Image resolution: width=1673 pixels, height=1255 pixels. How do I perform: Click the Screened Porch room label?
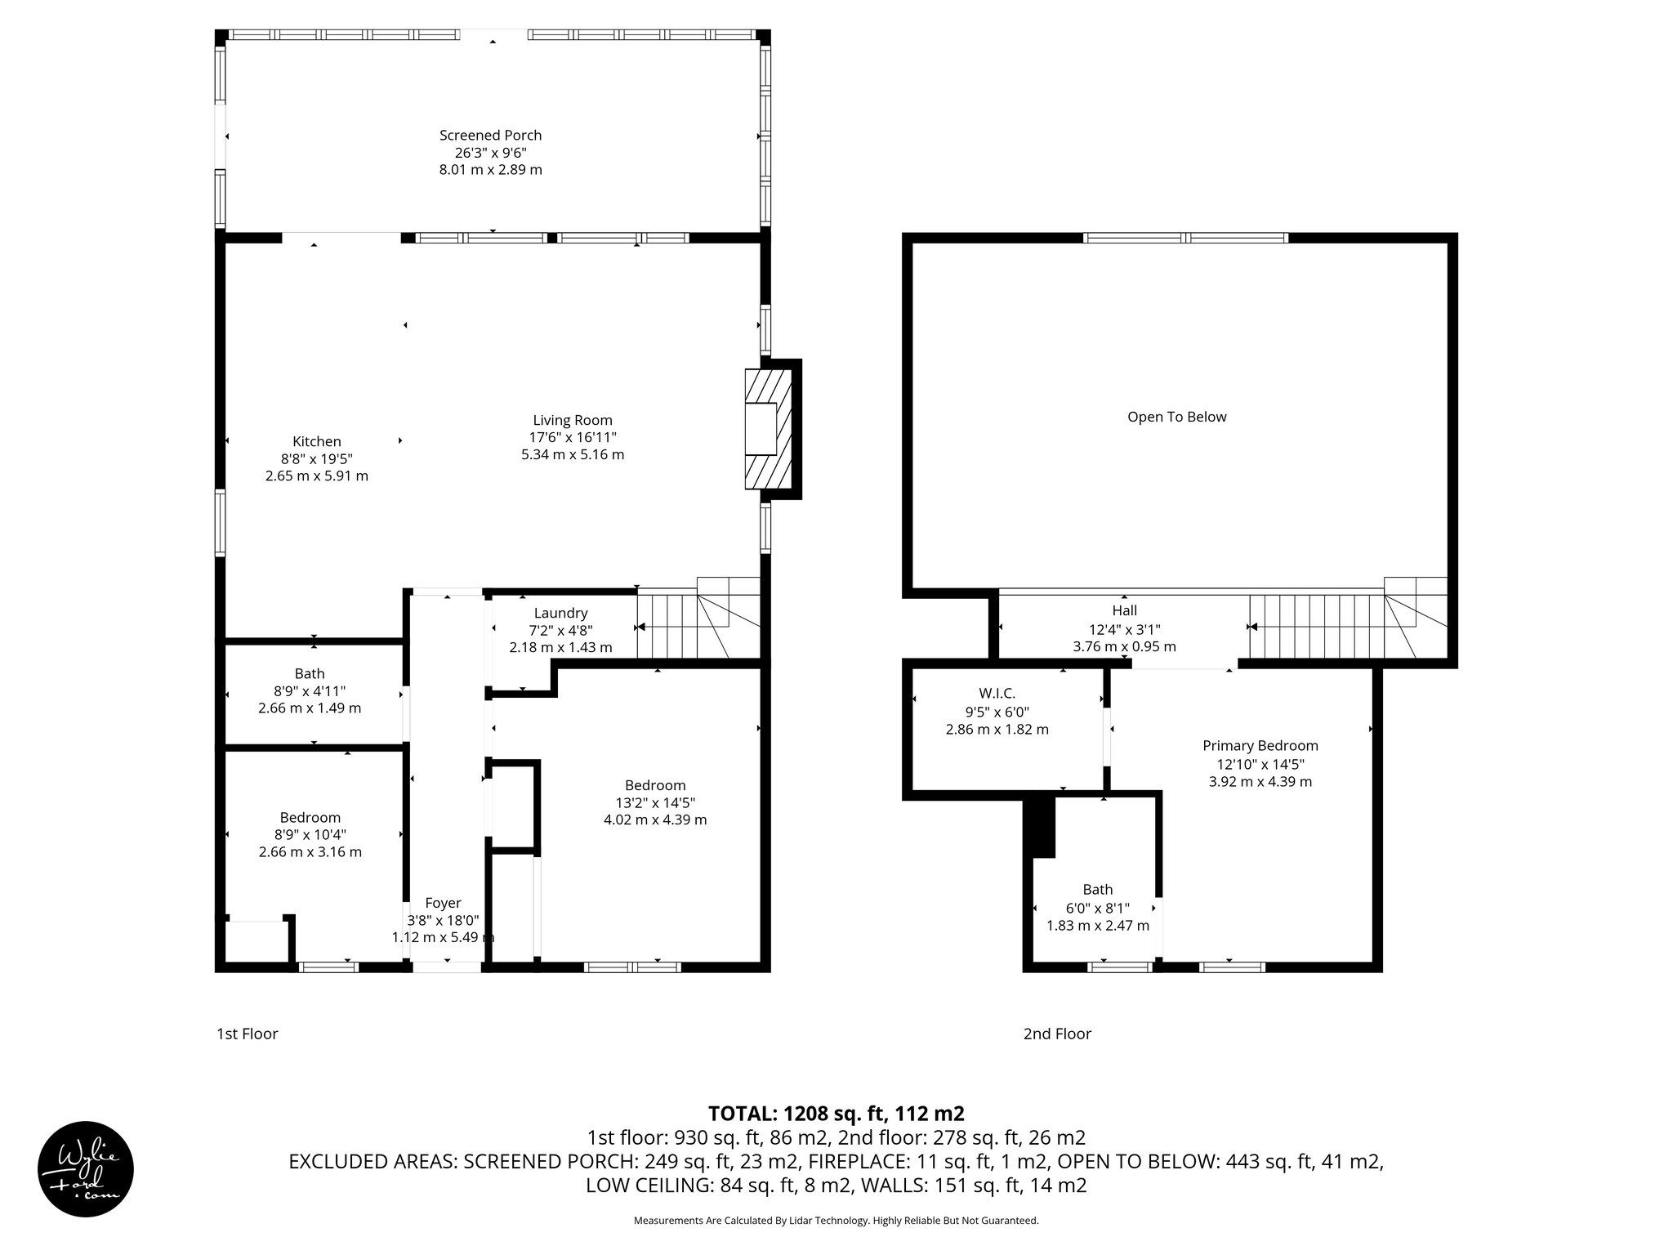pos(490,135)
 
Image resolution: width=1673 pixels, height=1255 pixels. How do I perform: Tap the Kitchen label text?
pos(317,441)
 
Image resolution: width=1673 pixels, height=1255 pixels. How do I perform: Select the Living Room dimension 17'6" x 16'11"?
pos(572,437)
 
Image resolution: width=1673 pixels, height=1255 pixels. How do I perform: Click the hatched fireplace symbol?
pos(768,429)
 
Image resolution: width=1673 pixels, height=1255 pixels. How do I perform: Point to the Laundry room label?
pos(560,613)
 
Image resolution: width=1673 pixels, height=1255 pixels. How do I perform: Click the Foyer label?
pos(443,903)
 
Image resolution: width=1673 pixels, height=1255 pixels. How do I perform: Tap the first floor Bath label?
pos(310,673)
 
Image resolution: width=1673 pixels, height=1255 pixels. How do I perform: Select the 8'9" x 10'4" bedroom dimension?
pos(310,834)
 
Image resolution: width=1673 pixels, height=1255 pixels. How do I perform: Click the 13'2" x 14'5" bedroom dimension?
pos(655,802)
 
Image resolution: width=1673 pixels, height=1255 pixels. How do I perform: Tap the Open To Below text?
pos(1176,417)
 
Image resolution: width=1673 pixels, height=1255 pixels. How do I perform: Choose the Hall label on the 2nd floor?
pos(1124,610)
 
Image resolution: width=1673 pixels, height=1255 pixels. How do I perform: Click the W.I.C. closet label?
pos(997,693)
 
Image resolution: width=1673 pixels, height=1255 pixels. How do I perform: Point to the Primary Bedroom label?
pos(1260,745)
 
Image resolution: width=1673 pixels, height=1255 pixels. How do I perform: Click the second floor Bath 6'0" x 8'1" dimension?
pos(1098,908)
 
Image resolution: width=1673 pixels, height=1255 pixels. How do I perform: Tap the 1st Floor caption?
pos(247,1034)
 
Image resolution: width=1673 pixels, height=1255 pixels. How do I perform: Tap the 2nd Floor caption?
pos(1057,1034)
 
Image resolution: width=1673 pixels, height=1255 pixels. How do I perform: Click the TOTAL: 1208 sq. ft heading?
pos(836,1113)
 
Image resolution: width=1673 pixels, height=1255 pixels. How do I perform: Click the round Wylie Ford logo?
pos(86,1168)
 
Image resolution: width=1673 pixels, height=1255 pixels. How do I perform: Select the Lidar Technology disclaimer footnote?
pos(836,1221)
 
